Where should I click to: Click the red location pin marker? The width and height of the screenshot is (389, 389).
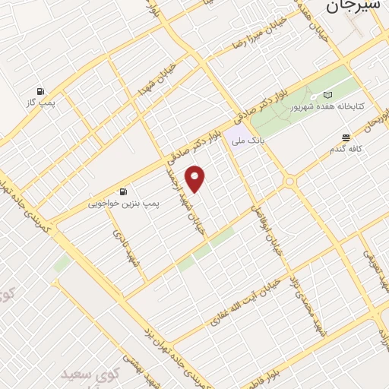point(196,179)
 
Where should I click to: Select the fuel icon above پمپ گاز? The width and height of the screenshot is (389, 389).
point(40,89)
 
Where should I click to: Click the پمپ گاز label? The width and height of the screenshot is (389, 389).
point(40,102)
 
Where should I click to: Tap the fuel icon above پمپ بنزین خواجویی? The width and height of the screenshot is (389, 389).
point(122,191)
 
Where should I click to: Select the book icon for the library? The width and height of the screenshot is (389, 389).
point(328,94)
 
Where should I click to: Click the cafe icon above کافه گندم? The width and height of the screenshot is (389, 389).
point(346,138)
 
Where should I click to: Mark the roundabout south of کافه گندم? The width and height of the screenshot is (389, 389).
point(289,182)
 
